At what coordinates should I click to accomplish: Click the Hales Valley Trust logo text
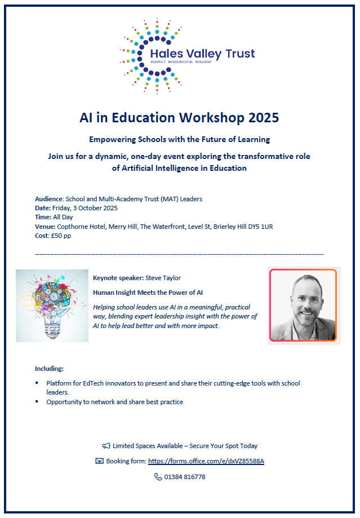click(x=202, y=54)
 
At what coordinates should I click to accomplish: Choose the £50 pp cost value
click(x=61, y=235)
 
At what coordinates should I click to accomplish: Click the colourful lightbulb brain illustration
click(x=52, y=306)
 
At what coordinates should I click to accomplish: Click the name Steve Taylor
click(x=163, y=278)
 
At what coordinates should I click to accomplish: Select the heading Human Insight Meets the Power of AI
click(x=148, y=293)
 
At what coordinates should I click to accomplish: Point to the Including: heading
click(x=50, y=369)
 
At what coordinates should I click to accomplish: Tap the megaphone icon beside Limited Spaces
click(x=106, y=446)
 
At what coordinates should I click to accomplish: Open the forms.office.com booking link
click(x=206, y=461)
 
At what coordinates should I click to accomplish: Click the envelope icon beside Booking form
click(x=100, y=461)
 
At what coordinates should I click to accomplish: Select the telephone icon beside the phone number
click(x=158, y=477)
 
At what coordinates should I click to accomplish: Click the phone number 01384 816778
click(x=185, y=477)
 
